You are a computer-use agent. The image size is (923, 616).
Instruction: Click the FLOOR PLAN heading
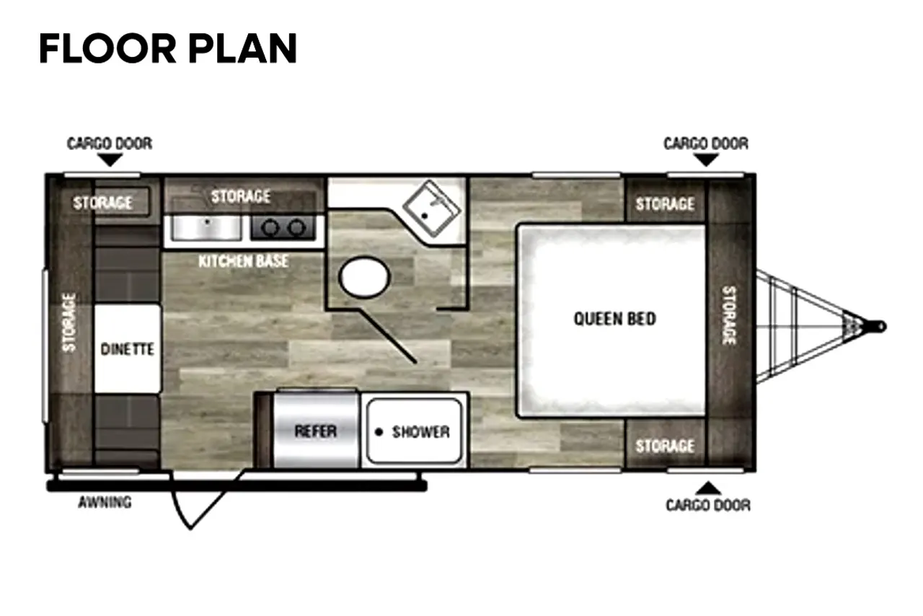(168, 48)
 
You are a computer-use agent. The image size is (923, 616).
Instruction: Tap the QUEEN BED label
(614, 319)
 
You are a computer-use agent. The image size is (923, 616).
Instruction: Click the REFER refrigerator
(316, 431)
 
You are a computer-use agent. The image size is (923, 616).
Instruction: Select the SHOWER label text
(420, 431)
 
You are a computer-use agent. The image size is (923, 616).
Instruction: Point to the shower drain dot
(379, 432)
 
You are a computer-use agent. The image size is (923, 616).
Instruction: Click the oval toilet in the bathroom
(364, 278)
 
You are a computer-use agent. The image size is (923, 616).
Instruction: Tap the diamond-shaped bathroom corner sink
(431, 208)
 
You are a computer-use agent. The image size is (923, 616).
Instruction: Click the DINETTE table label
(128, 349)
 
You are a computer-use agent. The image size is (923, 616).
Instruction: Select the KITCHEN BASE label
(243, 261)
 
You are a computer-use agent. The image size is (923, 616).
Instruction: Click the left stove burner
(270, 228)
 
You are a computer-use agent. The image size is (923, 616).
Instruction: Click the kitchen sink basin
(206, 228)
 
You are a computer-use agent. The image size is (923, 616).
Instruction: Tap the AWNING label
(105, 502)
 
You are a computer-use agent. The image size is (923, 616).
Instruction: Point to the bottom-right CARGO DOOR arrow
(708, 488)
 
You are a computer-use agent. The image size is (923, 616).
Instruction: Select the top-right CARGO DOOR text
(706, 144)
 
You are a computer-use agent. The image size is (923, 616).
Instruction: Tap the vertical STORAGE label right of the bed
(729, 315)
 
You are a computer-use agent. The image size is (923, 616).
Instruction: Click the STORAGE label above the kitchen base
(241, 196)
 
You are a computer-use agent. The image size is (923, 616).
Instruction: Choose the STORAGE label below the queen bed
(665, 446)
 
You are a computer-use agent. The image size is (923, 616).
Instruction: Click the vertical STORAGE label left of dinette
(69, 322)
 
